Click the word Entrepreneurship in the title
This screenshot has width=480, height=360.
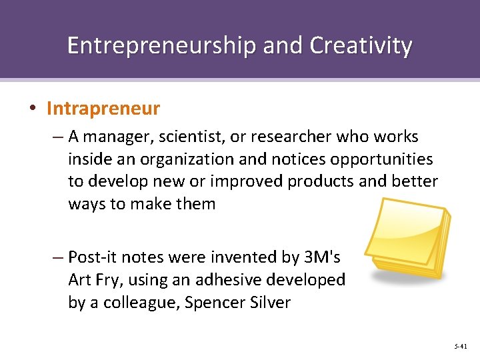pyautogui.click(x=161, y=45)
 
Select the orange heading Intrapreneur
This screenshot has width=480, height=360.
pyautogui.click(x=103, y=107)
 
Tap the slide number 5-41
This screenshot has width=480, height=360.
pyautogui.click(x=460, y=347)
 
